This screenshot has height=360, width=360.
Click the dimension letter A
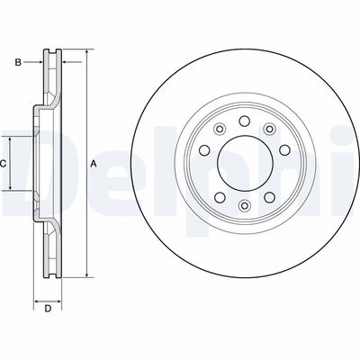pos(93,164)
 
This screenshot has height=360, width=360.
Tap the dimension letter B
pos(18,61)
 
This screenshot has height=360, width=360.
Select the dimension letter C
pos(4,164)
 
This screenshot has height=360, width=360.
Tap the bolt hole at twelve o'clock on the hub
pos(245,121)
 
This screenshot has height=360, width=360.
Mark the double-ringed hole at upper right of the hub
pos(268,128)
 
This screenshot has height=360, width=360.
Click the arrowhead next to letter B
pos(40,61)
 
